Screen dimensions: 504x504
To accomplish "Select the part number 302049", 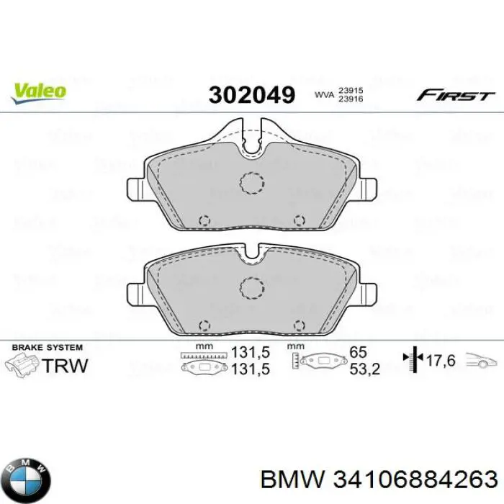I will click(x=251, y=95).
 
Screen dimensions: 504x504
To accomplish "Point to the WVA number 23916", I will click(x=351, y=100).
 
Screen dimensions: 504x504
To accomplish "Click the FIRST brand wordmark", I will click(x=455, y=95).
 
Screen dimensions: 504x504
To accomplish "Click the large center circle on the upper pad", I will click(x=253, y=184).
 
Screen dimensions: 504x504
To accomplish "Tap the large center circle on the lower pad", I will click(x=253, y=288).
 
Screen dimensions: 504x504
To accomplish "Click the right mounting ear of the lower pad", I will click(x=368, y=292).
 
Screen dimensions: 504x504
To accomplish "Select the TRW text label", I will click(x=66, y=365).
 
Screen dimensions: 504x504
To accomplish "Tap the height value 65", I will click(x=358, y=352).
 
